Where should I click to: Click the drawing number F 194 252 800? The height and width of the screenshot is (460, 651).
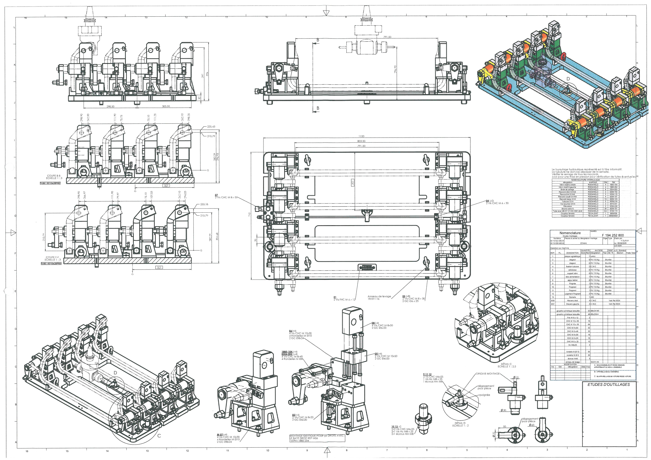(x=613, y=235)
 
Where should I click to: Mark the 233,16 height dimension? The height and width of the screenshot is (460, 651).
(x=204, y=204)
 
